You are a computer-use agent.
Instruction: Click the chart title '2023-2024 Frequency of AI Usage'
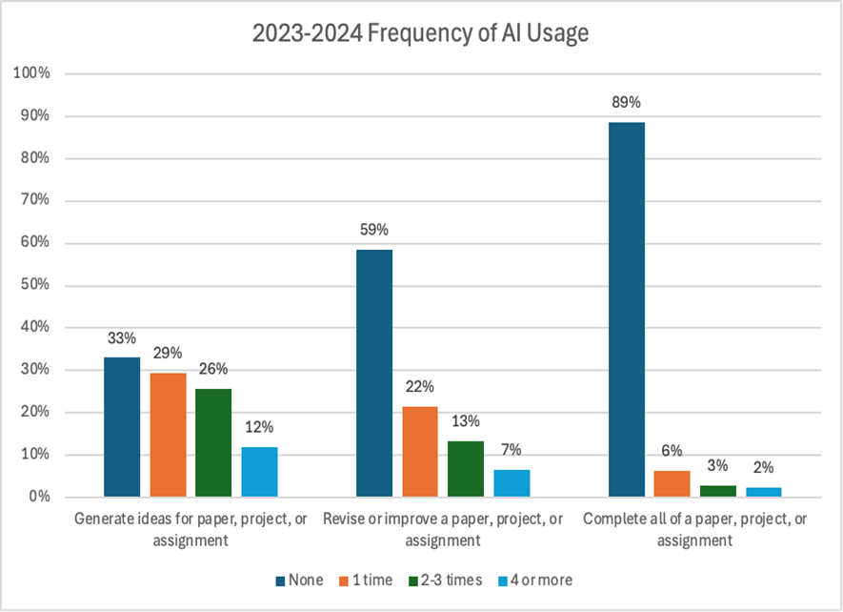click(420, 34)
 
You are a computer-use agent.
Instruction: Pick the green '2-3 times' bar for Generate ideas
click(213, 442)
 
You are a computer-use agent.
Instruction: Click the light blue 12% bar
click(259, 472)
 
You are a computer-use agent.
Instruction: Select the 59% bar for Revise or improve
click(374, 373)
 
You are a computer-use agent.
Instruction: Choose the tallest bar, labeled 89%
click(626, 309)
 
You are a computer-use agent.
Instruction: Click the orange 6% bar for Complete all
click(672, 484)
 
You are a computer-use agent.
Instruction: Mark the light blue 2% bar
click(763, 492)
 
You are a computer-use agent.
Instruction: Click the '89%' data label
click(626, 103)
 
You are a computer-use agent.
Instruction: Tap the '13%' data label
click(466, 421)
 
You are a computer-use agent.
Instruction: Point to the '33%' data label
click(122, 337)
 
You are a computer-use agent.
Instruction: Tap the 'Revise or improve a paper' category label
click(443, 529)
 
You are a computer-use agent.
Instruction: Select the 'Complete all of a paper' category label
click(694, 529)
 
